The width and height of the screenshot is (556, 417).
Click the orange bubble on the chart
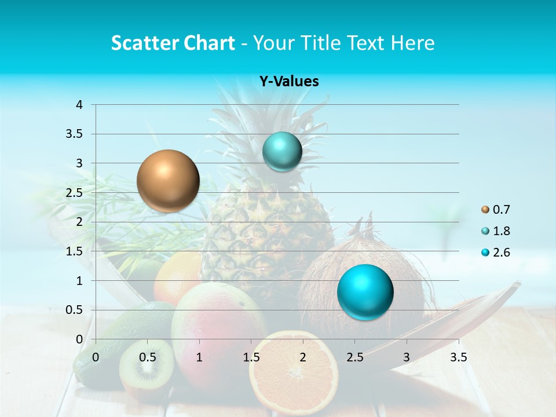168,181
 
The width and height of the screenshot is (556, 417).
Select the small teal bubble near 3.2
282,152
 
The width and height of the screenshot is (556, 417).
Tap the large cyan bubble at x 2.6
365,292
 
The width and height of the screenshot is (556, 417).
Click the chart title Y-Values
288,82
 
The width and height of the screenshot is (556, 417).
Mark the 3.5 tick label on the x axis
458,357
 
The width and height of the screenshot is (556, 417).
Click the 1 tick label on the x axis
199,357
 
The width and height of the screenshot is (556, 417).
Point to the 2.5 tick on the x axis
354,357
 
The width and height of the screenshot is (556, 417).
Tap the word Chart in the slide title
209,43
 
